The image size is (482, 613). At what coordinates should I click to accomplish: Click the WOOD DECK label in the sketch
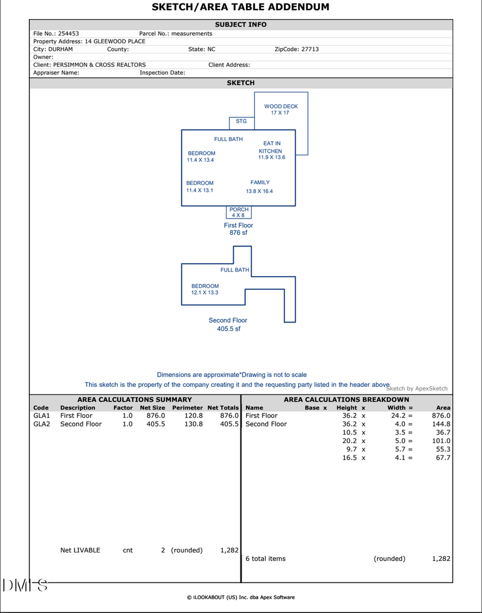(281, 109)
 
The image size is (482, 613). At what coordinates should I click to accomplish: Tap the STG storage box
(242, 122)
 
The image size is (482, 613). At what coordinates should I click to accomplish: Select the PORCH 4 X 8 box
(239, 212)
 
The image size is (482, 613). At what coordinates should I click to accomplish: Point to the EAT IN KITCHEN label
(272, 151)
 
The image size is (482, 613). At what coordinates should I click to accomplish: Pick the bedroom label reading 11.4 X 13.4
(201, 156)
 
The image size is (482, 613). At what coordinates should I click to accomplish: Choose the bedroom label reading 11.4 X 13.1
(200, 186)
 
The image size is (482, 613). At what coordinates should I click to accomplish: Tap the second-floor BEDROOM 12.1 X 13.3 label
(205, 289)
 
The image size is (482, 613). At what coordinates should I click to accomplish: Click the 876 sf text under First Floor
(238, 233)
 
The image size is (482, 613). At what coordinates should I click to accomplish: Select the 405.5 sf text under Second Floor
(229, 329)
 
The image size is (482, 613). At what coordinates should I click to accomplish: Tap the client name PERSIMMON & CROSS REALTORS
(100, 65)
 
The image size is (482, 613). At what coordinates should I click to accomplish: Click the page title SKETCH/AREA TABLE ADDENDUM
(240, 7)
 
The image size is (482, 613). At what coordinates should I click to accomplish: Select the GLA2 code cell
(41, 424)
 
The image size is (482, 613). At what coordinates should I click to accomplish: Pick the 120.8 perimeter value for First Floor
(194, 415)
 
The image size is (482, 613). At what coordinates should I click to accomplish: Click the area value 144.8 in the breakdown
(441, 424)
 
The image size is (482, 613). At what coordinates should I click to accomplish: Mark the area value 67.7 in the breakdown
(443, 458)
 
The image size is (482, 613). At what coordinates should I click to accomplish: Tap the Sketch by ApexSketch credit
(417, 388)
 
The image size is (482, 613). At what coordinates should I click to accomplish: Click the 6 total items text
(266, 558)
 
